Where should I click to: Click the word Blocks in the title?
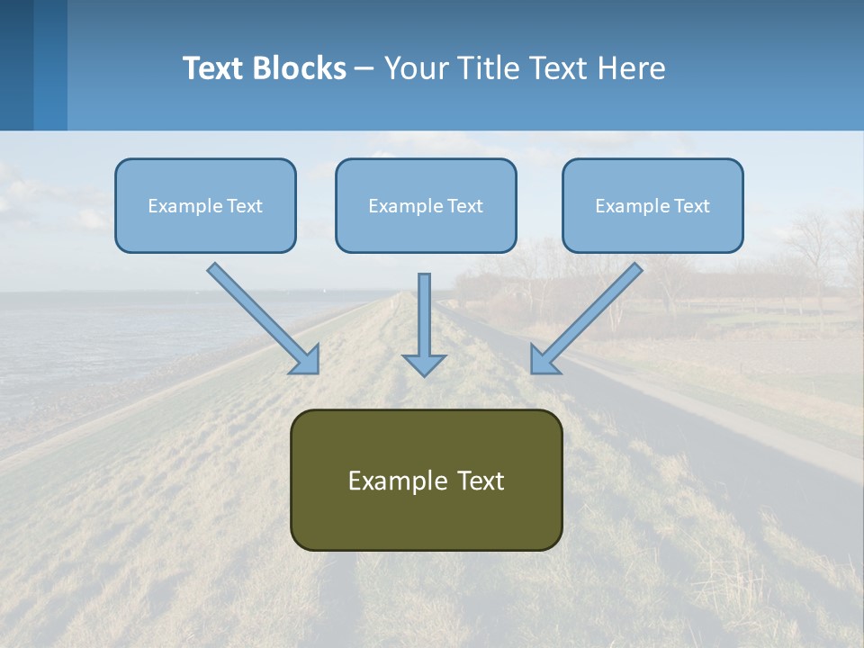click(301, 68)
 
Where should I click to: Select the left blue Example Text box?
click(205, 206)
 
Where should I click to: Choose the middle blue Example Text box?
click(426, 206)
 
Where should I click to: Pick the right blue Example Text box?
click(652, 206)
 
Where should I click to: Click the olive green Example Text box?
click(426, 481)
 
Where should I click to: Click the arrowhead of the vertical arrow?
click(424, 364)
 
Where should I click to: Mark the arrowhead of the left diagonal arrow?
click(307, 361)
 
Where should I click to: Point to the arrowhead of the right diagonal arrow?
click(544, 361)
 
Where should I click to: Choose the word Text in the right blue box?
click(692, 206)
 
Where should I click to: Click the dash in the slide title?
click(364, 68)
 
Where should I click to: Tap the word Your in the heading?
click(416, 68)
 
